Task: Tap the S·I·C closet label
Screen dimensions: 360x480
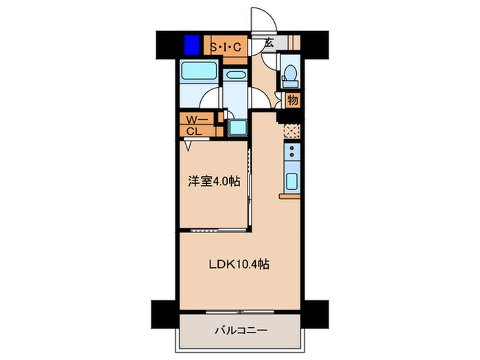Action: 224,47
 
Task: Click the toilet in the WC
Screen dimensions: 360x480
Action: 289,72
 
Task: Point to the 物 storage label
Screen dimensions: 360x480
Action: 293,100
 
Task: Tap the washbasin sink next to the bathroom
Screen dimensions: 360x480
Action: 236,75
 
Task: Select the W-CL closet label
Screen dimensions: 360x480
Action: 193,126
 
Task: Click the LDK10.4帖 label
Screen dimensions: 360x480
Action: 239,263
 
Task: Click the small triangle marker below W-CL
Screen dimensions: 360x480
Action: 187,145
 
